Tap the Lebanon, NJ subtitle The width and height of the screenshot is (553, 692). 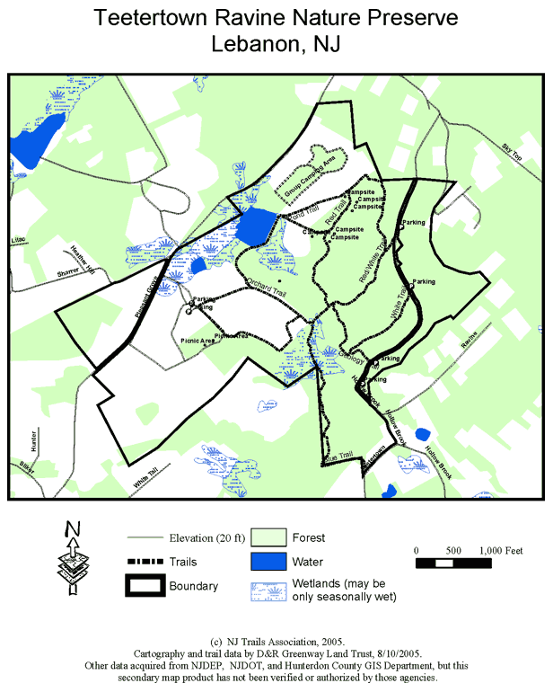point(276,44)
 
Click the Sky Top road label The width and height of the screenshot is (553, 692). point(512,153)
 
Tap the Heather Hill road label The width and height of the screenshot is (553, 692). point(83,257)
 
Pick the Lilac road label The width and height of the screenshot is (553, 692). point(20,241)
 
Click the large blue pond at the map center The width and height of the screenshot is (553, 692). point(255,226)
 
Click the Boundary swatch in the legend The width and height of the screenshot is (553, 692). point(145,587)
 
